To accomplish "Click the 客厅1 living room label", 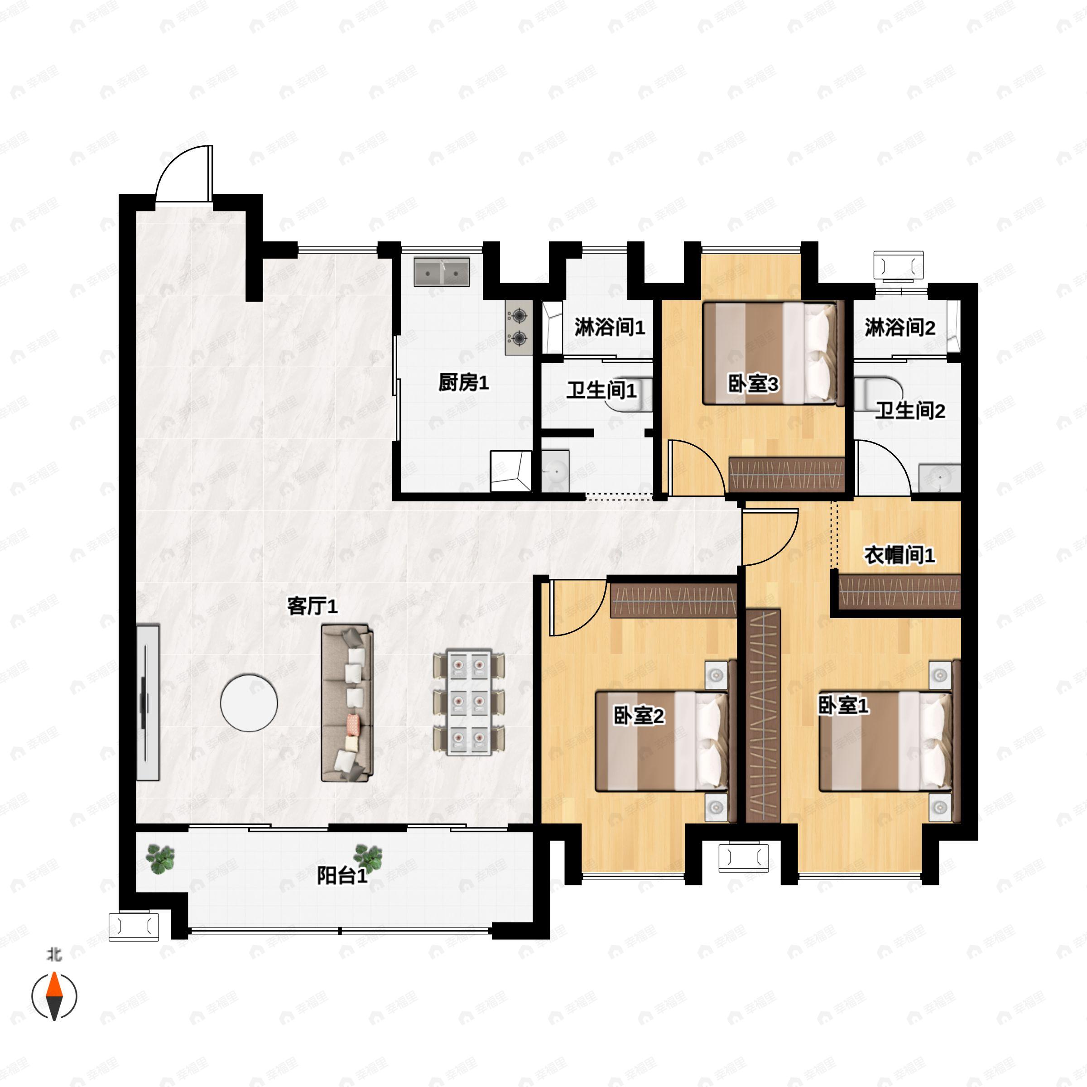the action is [312, 606].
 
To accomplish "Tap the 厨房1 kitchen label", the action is [464, 383].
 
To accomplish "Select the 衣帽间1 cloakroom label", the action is [899, 555].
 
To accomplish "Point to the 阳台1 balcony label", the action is [342, 875].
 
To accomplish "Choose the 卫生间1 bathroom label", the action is [601, 390].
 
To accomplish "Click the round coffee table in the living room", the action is [249, 703].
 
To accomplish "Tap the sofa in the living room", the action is [347, 703].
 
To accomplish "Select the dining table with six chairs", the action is [469, 703].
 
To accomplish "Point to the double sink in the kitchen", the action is [442, 272].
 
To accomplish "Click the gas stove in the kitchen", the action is [518, 328].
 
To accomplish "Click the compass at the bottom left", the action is [54, 996].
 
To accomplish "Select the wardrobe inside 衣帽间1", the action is [899, 592].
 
